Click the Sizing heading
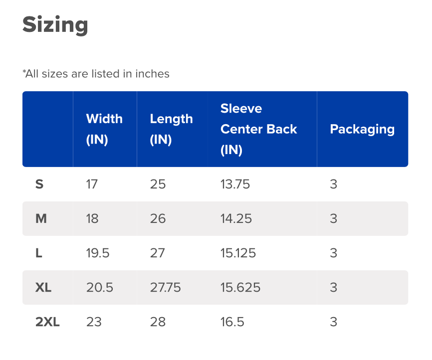[55, 24]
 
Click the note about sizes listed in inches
[96, 74]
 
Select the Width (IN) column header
[104, 129]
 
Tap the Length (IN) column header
[171, 129]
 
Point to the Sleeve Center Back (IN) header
[258, 129]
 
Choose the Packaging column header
[362, 129]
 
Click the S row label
[39, 184]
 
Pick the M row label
[41, 219]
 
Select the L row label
[39, 253]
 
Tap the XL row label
[43, 288]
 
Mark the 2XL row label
[47, 322]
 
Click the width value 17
[92, 184]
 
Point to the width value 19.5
[98, 253]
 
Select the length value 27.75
[165, 288]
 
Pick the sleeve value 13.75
[235, 184]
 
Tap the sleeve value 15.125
[238, 253]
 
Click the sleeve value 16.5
[232, 322]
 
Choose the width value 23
[94, 322]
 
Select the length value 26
[158, 219]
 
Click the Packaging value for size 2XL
[334, 322]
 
